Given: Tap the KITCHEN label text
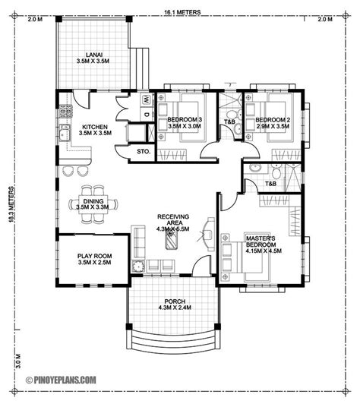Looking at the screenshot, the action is (95, 128).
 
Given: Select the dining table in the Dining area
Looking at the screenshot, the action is (93, 204).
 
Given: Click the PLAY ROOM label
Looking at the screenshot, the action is (94, 256).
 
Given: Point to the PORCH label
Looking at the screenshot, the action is (175, 301).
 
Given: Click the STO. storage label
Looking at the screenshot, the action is (144, 151).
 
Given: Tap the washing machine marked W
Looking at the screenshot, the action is (147, 99).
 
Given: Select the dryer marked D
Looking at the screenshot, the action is (147, 115).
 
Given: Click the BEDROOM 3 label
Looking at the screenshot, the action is (185, 120).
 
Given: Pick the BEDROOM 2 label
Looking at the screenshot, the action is (273, 120).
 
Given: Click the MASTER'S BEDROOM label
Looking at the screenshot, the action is (261, 241).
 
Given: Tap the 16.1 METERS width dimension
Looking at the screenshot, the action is (182, 12).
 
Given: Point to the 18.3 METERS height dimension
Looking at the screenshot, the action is (11, 204).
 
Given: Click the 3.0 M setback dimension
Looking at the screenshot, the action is (19, 361).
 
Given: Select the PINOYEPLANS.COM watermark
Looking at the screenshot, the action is (62, 380).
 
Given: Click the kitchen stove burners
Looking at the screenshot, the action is (65, 112).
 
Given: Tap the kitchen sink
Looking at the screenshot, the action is (65, 133).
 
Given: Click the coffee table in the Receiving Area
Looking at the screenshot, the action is (172, 240).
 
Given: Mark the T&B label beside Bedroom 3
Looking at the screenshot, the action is (229, 121).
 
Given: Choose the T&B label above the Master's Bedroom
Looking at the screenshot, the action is (270, 184).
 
